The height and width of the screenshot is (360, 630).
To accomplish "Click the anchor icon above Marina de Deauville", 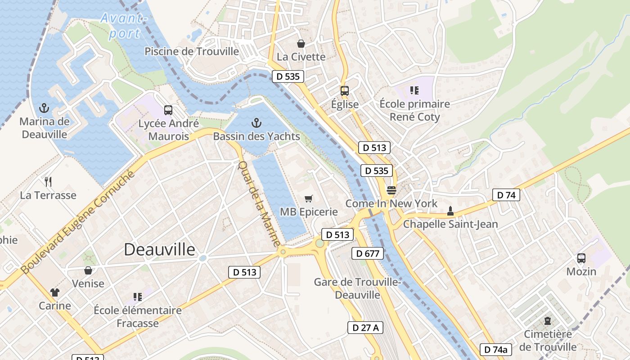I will click(x=44, y=108).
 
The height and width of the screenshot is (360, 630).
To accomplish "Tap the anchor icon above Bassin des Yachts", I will click(x=256, y=122).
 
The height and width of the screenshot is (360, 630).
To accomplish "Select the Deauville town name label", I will click(x=160, y=250).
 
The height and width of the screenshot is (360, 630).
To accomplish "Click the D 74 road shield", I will click(x=506, y=195).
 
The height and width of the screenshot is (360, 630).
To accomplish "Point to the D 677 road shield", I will click(x=367, y=253).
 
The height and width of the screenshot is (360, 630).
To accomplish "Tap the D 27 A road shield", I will click(x=365, y=328).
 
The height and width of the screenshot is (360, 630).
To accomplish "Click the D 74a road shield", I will click(x=496, y=350).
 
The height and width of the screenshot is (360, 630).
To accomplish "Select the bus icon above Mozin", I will click(x=581, y=258).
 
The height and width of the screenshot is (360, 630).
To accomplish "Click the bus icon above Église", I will click(x=345, y=91).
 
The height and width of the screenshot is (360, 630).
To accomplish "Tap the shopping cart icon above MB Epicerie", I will click(x=309, y=198).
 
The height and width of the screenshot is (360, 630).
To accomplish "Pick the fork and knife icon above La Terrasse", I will click(x=48, y=182).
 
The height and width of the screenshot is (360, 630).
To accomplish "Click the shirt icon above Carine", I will click(x=55, y=292).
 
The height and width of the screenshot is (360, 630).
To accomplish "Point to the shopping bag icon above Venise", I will click(x=88, y=270).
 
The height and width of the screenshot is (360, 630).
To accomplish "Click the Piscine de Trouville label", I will click(x=192, y=51).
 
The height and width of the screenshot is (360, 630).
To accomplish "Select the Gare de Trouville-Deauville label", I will click(x=358, y=288).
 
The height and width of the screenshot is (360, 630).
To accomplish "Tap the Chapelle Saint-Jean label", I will click(x=450, y=224).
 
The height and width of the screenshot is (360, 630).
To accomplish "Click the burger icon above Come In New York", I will click(x=391, y=190).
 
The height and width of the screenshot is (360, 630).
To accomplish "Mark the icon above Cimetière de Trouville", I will click(x=548, y=321).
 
